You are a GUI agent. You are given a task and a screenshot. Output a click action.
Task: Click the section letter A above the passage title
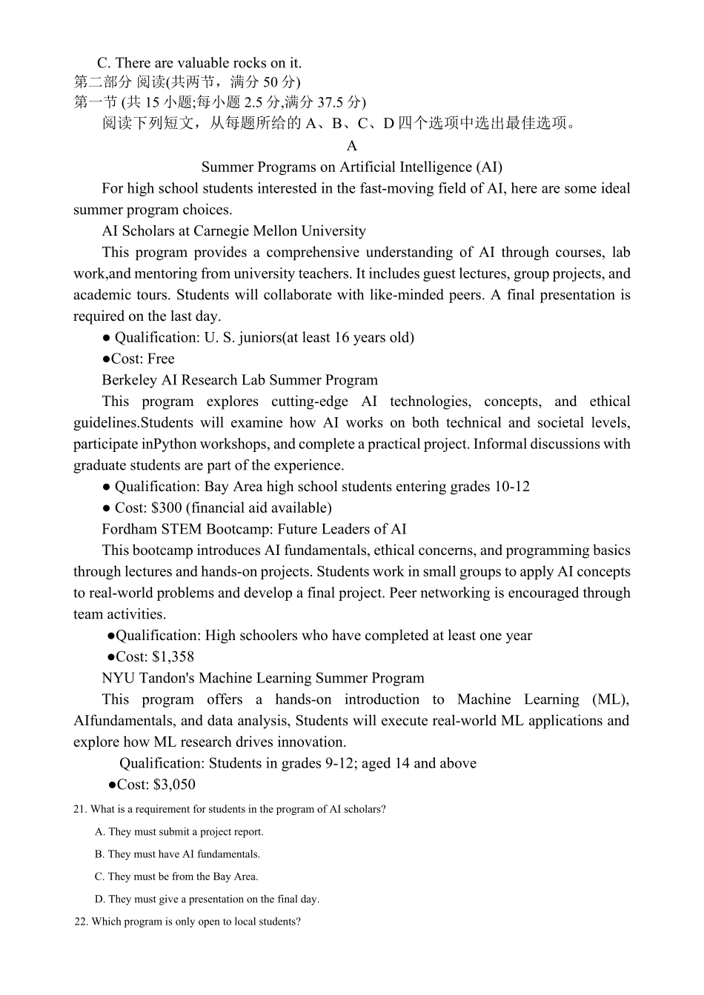[x=351, y=145]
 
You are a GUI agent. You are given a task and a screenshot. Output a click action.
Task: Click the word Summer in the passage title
[x=227, y=167]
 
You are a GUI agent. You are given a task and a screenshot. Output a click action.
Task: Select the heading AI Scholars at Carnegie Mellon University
[x=233, y=230]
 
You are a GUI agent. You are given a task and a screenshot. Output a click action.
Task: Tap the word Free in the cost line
[x=161, y=359]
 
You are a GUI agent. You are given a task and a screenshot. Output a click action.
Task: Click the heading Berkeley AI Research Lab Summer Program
[x=239, y=380]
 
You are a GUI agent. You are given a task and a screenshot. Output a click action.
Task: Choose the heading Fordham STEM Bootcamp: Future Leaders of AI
[x=253, y=529]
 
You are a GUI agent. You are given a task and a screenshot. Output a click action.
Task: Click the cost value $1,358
[x=173, y=656]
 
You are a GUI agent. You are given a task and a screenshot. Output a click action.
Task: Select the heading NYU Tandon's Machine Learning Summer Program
[x=263, y=678]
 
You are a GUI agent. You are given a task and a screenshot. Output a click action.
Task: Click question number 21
[x=80, y=809]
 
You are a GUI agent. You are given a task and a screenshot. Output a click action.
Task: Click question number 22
[x=82, y=922]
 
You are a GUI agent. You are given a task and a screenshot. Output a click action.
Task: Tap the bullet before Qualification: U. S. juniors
[x=106, y=338]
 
